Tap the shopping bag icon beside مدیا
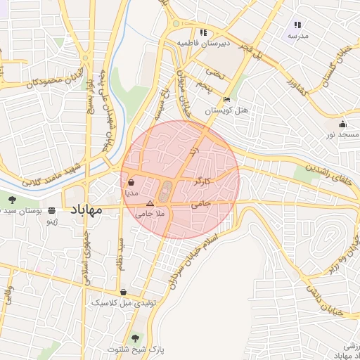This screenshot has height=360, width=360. pos(132,180)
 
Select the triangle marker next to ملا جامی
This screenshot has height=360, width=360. pos(149,202)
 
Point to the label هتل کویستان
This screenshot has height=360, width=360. pos(227,111)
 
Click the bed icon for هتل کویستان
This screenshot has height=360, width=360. pos(226,100)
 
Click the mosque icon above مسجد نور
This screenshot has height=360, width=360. pos(342,124)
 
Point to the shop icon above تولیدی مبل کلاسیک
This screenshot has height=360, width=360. pos(124,292)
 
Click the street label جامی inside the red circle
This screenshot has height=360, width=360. pos(200,205)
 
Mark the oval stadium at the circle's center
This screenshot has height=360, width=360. pos(166,191)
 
